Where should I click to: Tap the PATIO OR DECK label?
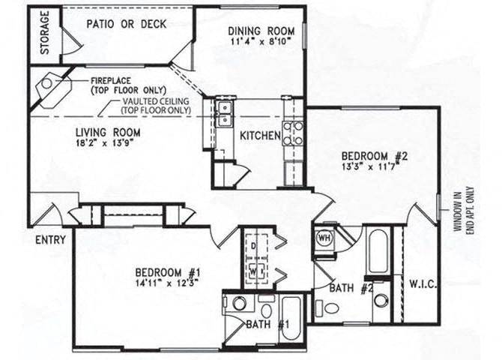[126, 24]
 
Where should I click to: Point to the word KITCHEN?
[259, 136]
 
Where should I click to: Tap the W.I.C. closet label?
[423, 283]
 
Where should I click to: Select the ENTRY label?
[49, 240]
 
